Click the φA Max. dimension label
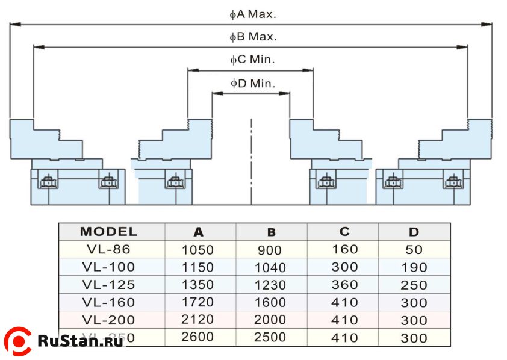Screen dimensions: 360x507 tap(252, 14)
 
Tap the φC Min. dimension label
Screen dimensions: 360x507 tap(252, 60)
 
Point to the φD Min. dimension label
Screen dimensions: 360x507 tap(252, 83)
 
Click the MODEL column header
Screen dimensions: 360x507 tap(108, 232)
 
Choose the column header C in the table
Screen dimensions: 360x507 tap(344, 232)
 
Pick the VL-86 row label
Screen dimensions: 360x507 tap(109, 249)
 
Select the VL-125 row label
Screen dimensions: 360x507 tap(109, 285)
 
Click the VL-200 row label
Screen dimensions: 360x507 tap(109, 320)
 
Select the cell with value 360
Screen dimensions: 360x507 tap(344, 285)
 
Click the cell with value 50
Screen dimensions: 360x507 tap(414, 249)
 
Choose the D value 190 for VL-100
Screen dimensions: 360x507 tap(414, 267)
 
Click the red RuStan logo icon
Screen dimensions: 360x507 tap(18, 341)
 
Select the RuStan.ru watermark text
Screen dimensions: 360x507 tap(81, 341)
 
